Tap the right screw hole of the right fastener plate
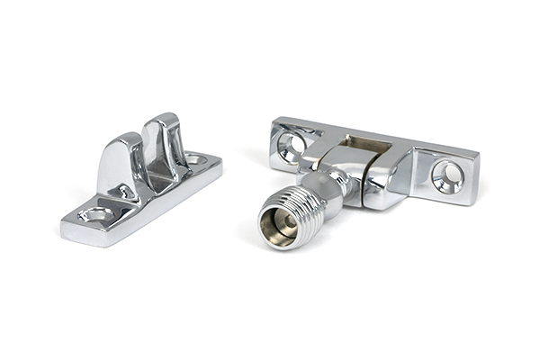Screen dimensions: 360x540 [x=447, y=175]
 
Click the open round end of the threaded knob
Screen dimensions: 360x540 [x=280, y=220]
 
